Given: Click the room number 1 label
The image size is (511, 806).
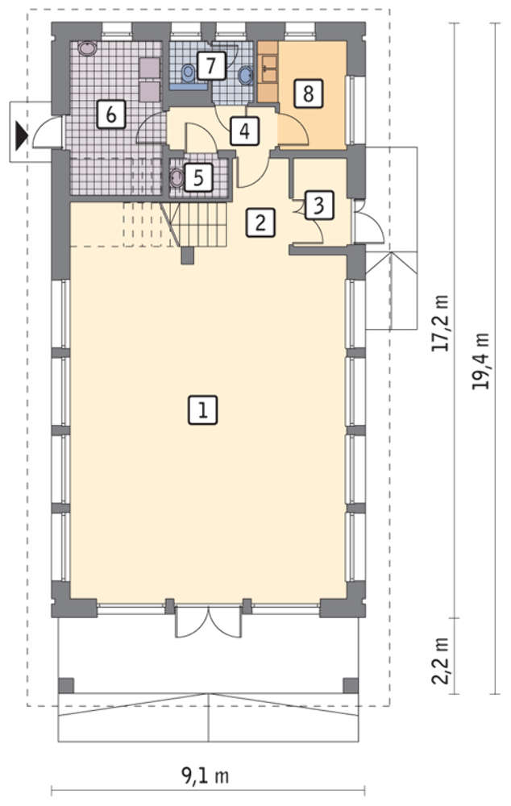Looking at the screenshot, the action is click(202, 409).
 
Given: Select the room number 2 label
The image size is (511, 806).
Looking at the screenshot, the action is click(260, 222).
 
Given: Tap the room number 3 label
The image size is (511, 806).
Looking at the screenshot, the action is click(318, 205).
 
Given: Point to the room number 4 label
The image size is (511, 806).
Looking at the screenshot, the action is click(245, 131).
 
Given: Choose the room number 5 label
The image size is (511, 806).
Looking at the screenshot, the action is click(198, 177).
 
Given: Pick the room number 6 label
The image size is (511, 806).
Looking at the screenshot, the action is click(111, 114).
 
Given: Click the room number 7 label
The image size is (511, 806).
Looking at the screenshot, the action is click(211, 65).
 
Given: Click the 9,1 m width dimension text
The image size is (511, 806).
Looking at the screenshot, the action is click(205, 775).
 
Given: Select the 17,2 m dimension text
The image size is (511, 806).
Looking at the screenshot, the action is click(440, 323).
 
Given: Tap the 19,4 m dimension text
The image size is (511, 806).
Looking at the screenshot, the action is click(480, 361).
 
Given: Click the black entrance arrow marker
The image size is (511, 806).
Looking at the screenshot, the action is click(21, 136).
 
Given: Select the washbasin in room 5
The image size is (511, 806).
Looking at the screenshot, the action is click(177, 178).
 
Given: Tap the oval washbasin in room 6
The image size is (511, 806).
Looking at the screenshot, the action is click(87, 49).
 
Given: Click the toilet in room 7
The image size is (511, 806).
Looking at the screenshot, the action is click(189, 73).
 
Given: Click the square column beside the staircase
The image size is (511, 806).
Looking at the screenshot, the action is click(187, 256).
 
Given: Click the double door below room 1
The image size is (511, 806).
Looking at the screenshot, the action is click(208, 621).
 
